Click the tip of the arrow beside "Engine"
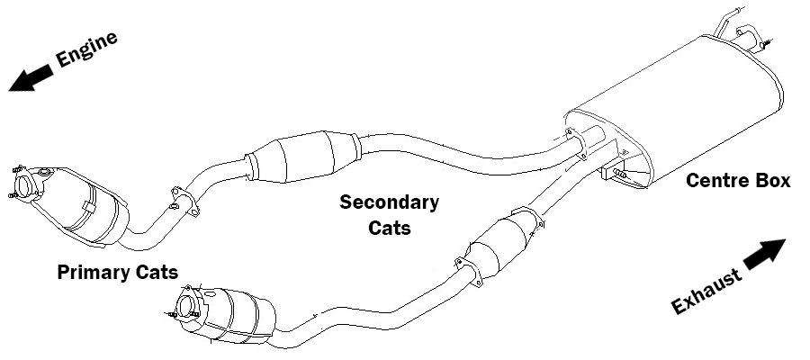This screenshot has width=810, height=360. click(x=9, y=90)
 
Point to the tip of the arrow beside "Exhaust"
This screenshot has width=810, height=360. click(x=786, y=240)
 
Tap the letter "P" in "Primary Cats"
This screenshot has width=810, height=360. click(x=64, y=272)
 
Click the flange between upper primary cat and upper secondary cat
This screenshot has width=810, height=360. click(x=184, y=202)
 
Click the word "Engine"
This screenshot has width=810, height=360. click(x=86, y=49)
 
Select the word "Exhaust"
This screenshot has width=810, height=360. click(x=706, y=292)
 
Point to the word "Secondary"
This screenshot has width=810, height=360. click(x=389, y=202)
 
